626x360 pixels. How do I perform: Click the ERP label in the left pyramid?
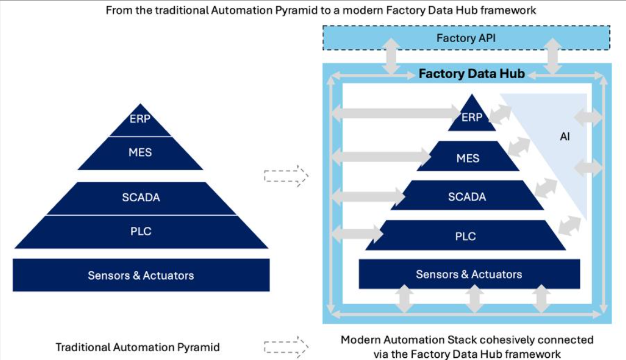(140, 119)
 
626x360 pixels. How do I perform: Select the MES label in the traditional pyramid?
(140, 152)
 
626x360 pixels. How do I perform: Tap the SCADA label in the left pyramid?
(141, 197)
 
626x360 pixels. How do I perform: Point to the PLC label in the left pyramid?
(141, 231)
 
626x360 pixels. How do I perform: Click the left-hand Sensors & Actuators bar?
(141, 275)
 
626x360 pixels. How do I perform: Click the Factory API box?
(466, 38)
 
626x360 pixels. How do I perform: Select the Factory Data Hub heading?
(471, 74)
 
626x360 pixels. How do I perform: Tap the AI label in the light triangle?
(564, 136)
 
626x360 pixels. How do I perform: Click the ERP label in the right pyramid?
(472, 118)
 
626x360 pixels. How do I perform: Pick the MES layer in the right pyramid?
(468, 158)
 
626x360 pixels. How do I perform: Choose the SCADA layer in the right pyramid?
(467, 196)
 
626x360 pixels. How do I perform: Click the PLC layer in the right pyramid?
(465, 236)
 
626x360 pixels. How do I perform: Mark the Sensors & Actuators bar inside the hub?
(469, 274)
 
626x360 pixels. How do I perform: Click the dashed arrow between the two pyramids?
(285, 176)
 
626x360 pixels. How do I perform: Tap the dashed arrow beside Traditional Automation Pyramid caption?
(285, 347)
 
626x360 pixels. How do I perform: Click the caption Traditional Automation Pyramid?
(138, 347)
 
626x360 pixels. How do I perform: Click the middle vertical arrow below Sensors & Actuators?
(473, 300)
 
